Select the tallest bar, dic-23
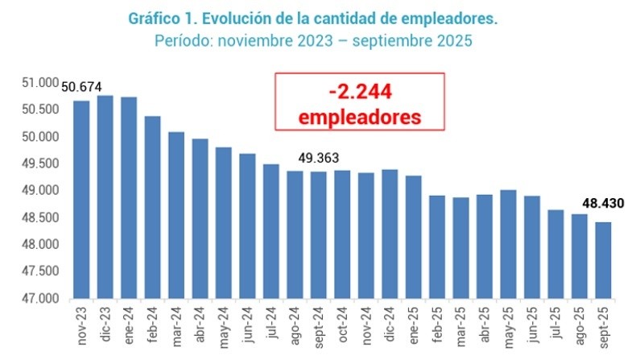pyautogui.click(x=105, y=197)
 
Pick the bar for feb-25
pyautogui.click(x=436, y=246)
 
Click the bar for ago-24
pyautogui.click(x=295, y=234)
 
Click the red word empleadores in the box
pyautogui.click(x=359, y=116)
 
